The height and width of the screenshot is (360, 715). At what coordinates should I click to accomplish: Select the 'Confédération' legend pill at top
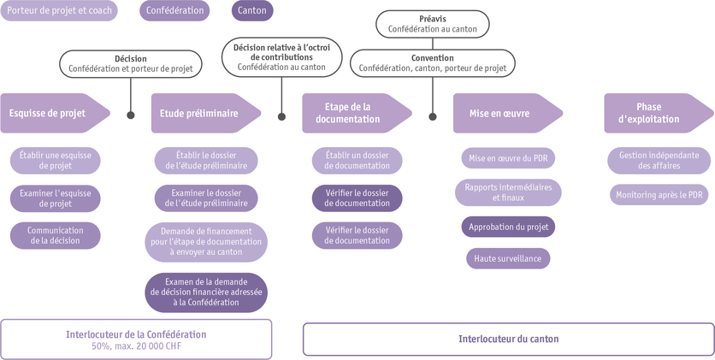coord(176,11)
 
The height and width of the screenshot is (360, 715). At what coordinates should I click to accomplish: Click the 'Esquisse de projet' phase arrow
coord(54,113)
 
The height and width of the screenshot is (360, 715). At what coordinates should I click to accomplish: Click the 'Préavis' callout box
coord(433,23)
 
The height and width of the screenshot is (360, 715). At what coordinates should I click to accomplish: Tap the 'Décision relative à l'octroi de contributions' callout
coord(282,55)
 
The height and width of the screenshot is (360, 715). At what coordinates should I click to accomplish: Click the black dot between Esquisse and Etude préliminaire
coord(130,114)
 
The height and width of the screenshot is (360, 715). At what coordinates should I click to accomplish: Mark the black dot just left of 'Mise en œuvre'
coord(433,114)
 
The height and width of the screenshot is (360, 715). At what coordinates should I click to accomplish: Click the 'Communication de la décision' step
coord(56,235)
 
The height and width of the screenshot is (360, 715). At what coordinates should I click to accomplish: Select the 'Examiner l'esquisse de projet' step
coord(56,198)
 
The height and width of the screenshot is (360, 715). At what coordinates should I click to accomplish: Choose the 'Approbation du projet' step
coord(508,227)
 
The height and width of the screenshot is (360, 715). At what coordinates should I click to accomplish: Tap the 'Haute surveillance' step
coord(508,257)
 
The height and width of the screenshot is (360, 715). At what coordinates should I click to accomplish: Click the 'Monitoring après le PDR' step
coord(659,195)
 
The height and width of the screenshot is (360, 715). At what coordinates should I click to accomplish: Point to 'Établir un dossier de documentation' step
coord(357,160)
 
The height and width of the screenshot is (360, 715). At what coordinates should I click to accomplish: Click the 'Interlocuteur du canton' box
coord(508,339)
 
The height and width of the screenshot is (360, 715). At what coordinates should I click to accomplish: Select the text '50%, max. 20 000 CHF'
coord(136,346)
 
